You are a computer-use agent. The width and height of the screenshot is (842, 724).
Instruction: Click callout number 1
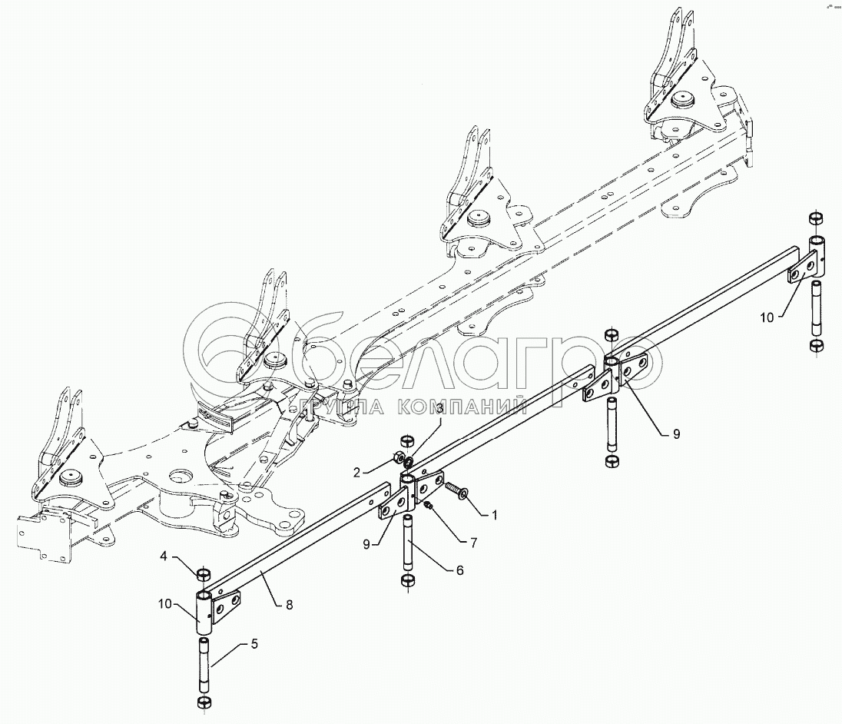click(x=495, y=516)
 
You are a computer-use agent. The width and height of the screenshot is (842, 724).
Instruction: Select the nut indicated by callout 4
click(x=204, y=574)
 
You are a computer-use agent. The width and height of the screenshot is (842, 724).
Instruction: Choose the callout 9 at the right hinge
click(x=676, y=433)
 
